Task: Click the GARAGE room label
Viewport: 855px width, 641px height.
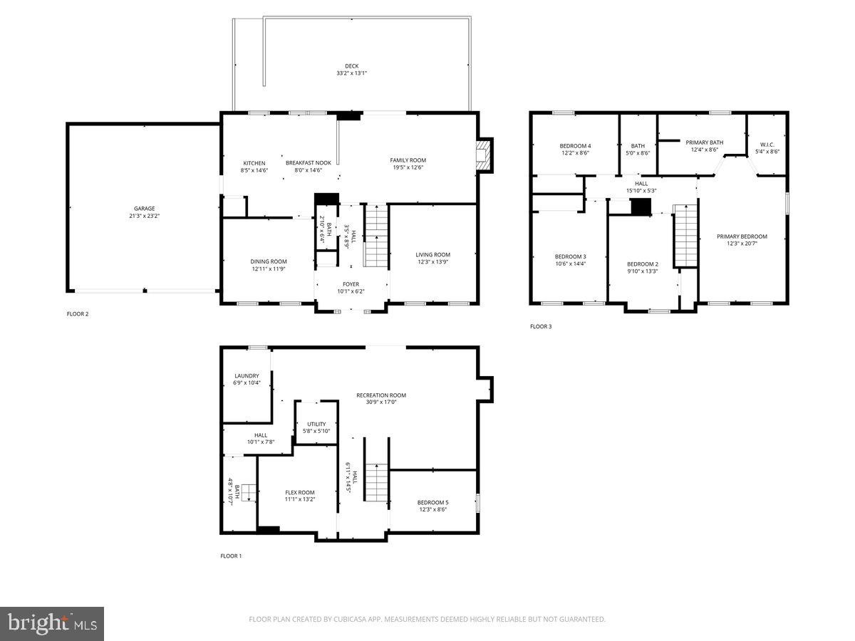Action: point(145,209)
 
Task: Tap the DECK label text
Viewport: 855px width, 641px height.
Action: point(351,66)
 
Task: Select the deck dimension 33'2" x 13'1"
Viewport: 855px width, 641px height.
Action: point(351,73)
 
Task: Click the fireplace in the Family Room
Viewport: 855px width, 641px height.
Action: point(484,155)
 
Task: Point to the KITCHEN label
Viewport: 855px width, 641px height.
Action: point(254,163)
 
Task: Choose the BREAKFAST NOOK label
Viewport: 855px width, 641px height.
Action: point(304,163)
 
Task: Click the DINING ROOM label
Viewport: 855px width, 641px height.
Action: point(268,261)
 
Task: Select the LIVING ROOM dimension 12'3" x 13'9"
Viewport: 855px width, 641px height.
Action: point(432,262)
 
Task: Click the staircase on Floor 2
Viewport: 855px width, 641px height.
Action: point(375,235)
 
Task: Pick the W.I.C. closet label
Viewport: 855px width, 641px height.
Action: point(767,143)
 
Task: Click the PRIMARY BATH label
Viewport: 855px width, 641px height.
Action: point(704,142)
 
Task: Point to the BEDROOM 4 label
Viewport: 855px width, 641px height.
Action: point(574,146)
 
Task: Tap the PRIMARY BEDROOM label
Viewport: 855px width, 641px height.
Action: point(742,236)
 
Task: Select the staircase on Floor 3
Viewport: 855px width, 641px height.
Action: point(685,235)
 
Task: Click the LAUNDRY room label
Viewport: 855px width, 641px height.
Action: point(247,376)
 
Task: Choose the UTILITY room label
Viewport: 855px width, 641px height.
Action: point(316,424)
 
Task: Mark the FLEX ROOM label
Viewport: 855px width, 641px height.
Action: point(299,492)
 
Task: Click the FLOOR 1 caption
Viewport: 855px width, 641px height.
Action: point(231,556)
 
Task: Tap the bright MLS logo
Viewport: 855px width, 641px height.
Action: point(52,623)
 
